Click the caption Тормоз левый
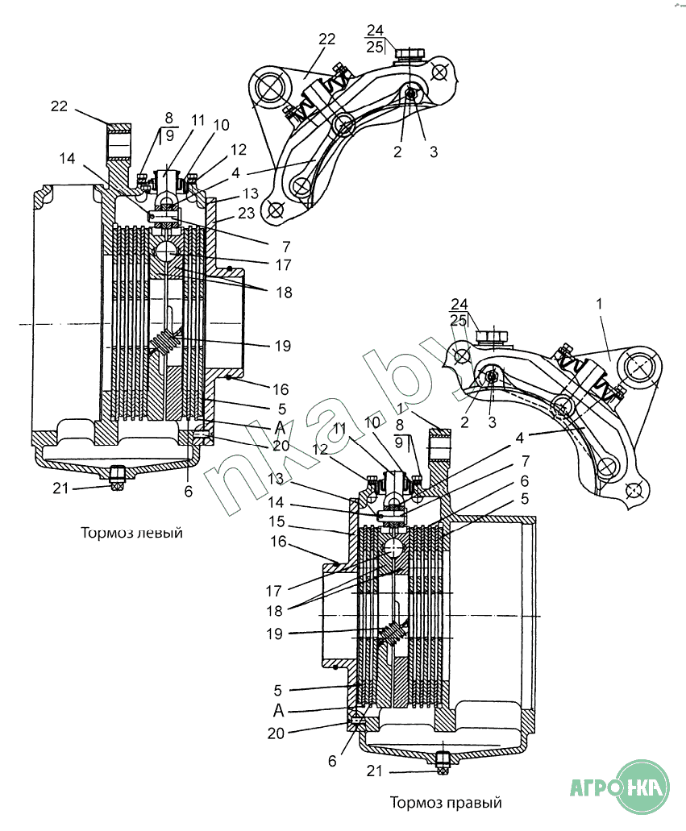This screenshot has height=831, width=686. [131, 532]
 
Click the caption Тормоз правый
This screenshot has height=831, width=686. [446, 802]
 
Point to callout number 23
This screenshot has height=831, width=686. [247, 213]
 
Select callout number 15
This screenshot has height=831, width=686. [276, 521]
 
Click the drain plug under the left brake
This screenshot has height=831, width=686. [118, 477]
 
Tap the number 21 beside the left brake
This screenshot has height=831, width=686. [60, 488]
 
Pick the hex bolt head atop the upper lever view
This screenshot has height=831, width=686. [410, 53]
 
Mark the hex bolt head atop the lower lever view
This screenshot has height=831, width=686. [492, 336]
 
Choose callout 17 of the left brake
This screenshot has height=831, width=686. [283, 264]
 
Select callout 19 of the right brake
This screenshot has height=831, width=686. [275, 634]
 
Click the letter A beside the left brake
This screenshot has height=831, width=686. [280, 426]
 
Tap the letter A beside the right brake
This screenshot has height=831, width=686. [279, 710]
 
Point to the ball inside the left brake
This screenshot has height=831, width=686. [167, 253]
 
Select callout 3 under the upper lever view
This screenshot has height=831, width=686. [434, 152]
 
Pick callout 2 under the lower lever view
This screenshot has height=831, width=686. [465, 422]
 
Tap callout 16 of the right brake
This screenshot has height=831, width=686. [278, 542]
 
